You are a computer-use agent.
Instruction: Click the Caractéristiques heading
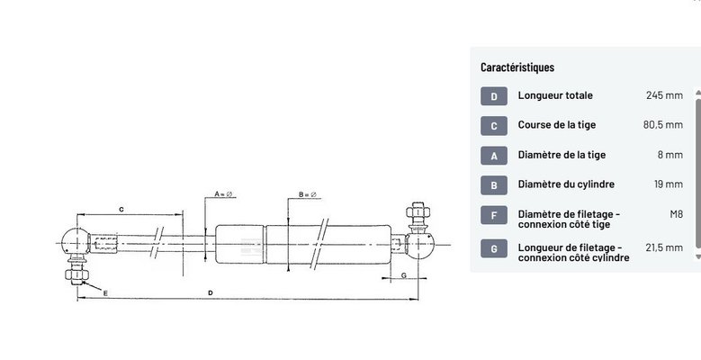pyautogui.click(x=517, y=67)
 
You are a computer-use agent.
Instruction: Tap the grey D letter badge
pyautogui.click(x=494, y=96)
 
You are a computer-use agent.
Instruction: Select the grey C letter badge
pyautogui.click(x=494, y=126)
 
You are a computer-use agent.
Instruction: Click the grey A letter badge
pyautogui.click(x=494, y=156)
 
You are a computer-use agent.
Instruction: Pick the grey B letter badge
pyautogui.click(x=494, y=185)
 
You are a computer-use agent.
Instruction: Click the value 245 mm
pyautogui.click(x=664, y=95)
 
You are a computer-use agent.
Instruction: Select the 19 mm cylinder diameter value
pyautogui.click(x=668, y=184)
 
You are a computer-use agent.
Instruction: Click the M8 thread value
pyautogui.click(x=676, y=214)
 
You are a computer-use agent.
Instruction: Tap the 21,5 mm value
pyautogui.click(x=664, y=247)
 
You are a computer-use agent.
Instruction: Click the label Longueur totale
pyautogui.click(x=555, y=95)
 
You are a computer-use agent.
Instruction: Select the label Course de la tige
pyautogui.click(x=557, y=125)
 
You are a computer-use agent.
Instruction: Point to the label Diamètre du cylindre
pyautogui.click(x=566, y=184)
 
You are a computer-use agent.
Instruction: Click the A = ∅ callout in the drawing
pyautogui.click(x=223, y=194)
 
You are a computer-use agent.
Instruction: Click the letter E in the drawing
pyautogui.click(x=105, y=293)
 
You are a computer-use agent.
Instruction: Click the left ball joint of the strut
pyautogui.click(x=73, y=241)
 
